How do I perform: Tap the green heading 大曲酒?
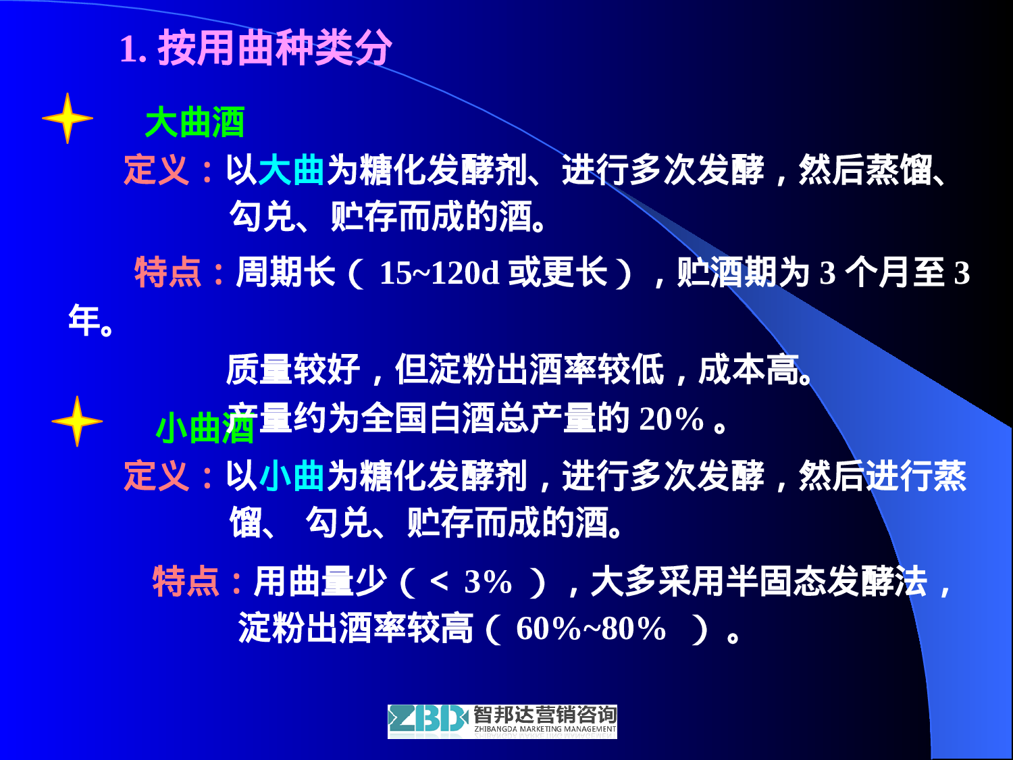click(x=194, y=122)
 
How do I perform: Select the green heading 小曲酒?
click(x=204, y=428)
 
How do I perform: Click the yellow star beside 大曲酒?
click(x=67, y=118)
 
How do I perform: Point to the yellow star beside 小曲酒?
click(x=77, y=421)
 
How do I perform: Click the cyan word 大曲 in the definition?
click(x=292, y=170)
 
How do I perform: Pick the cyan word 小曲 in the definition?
click(x=292, y=475)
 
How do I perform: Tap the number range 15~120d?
click(x=439, y=273)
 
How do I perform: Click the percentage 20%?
click(x=671, y=419)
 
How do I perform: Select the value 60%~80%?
click(x=590, y=629)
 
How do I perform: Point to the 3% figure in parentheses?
click(x=488, y=582)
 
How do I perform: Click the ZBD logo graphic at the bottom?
click(x=427, y=720)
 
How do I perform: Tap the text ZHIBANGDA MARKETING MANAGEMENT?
click(x=544, y=730)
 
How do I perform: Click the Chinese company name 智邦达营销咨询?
click(x=544, y=714)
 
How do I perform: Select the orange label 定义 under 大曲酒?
click(x=157, y=170)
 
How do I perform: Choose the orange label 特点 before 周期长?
click(x=168, y=273)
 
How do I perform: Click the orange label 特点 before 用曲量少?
click(x=186, y=582)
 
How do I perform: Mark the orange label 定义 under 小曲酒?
click(x=157, y=475)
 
